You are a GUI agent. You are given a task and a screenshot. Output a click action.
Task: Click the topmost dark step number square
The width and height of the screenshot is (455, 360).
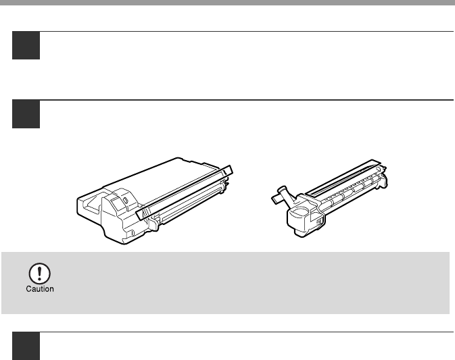coord(26,45)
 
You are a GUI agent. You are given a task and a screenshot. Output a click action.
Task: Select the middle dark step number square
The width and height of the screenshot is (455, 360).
coord(26,114)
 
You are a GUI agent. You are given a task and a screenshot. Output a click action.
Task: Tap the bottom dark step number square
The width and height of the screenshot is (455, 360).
coord(26,346)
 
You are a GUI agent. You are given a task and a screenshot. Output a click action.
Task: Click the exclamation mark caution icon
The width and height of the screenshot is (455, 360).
coord(39,273)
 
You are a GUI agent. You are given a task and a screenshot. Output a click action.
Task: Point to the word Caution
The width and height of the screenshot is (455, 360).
coord(40,289)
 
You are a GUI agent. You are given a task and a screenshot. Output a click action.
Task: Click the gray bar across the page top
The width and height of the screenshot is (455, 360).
coord(227,2)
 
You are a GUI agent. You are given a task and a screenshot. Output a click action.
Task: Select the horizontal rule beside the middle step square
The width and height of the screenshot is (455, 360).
coord(247,100)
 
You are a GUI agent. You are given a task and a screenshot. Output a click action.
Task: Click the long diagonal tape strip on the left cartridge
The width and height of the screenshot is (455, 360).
coord(184,192)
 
